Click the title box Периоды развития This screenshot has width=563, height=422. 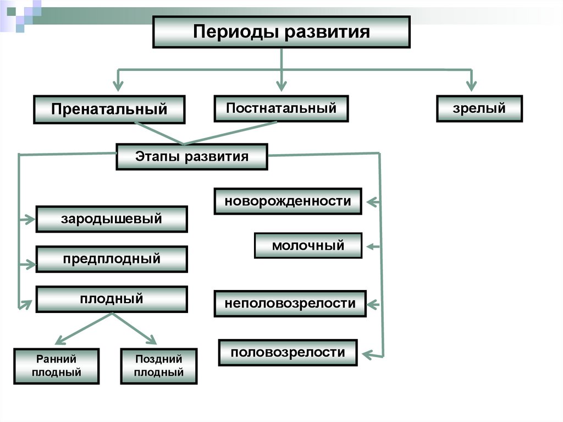click(x=281, y=32)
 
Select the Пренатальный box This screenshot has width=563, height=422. click(x=109, y=109)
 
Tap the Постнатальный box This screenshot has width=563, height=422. click(x=281, y=108)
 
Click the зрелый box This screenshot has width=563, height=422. click(x=479, y=108)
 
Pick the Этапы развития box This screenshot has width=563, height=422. click(x=192, y=157)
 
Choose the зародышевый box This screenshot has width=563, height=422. click(x=112, y=219)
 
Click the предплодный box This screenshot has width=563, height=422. click(x=112, y=259)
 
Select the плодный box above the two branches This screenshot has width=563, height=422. click(x=112, y=299)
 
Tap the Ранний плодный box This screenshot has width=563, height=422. click(x=57, y=366)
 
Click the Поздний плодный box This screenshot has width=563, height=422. click(x=158, y=366)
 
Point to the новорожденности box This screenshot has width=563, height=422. click(x=288, y=201)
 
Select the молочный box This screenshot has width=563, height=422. click(x=308, y=245)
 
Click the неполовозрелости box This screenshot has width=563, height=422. click(x=290, y=303)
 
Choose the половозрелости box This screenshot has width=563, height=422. click(x=288, y=353)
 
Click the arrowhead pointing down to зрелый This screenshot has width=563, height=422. click(x=471, y=86)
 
